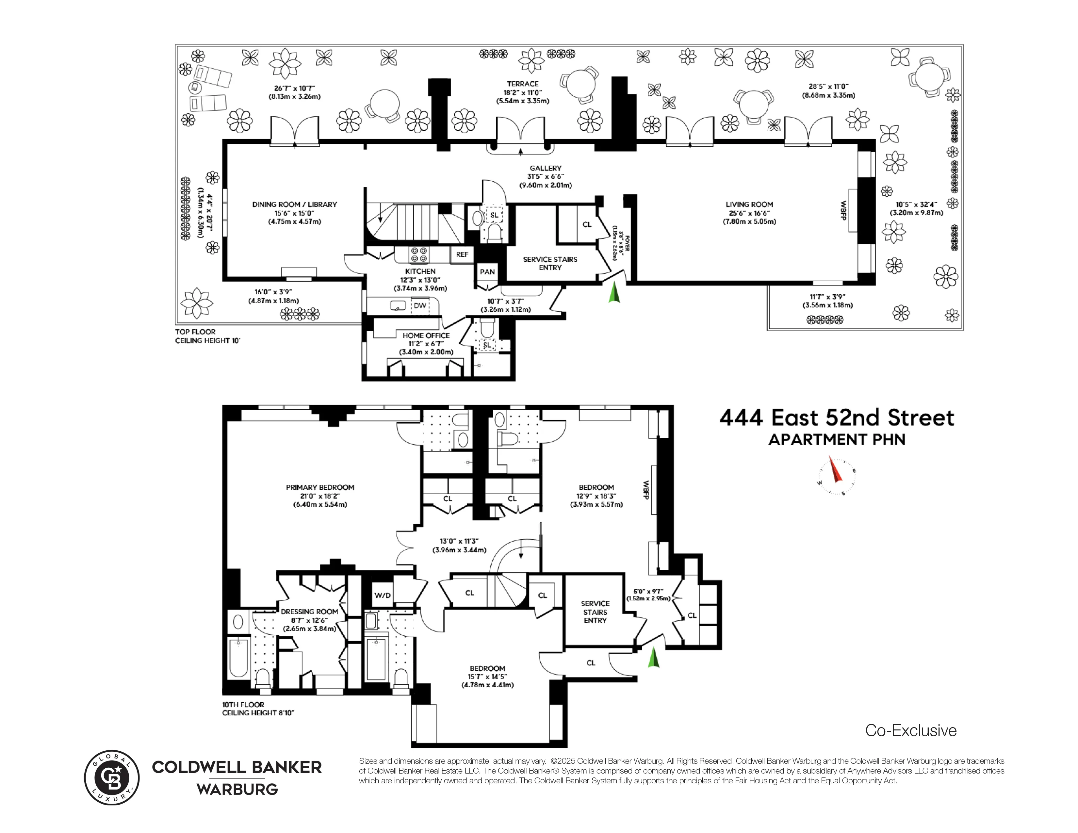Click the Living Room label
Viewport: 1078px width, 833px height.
[x=749, y=204]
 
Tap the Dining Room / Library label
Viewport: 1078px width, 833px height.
[x=294, y=204]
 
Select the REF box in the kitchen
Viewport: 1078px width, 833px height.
[x=462, y=255]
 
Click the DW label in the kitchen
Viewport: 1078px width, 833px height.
[x=420, y=306]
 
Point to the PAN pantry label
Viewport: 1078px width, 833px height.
[x=487, y=272]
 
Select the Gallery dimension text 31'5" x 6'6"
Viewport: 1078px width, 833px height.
[x=546, y=177]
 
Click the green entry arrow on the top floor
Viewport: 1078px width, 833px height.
[x=613, y=292]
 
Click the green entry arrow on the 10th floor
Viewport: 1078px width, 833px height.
[x=654, y=658]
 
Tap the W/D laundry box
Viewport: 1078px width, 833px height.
[x=382, y=595]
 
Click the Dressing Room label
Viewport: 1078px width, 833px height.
[x=309, y=612]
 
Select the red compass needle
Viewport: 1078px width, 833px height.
[x=835, y=470]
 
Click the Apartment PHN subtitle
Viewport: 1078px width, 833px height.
[x=837, y=440]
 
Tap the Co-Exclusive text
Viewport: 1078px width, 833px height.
[x=911, y=730]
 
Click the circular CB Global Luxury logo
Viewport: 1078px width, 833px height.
[x=111, y=778]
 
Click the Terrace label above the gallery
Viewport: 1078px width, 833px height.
[x=522, y=84]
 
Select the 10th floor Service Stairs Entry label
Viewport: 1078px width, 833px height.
[x=595, y=612]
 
